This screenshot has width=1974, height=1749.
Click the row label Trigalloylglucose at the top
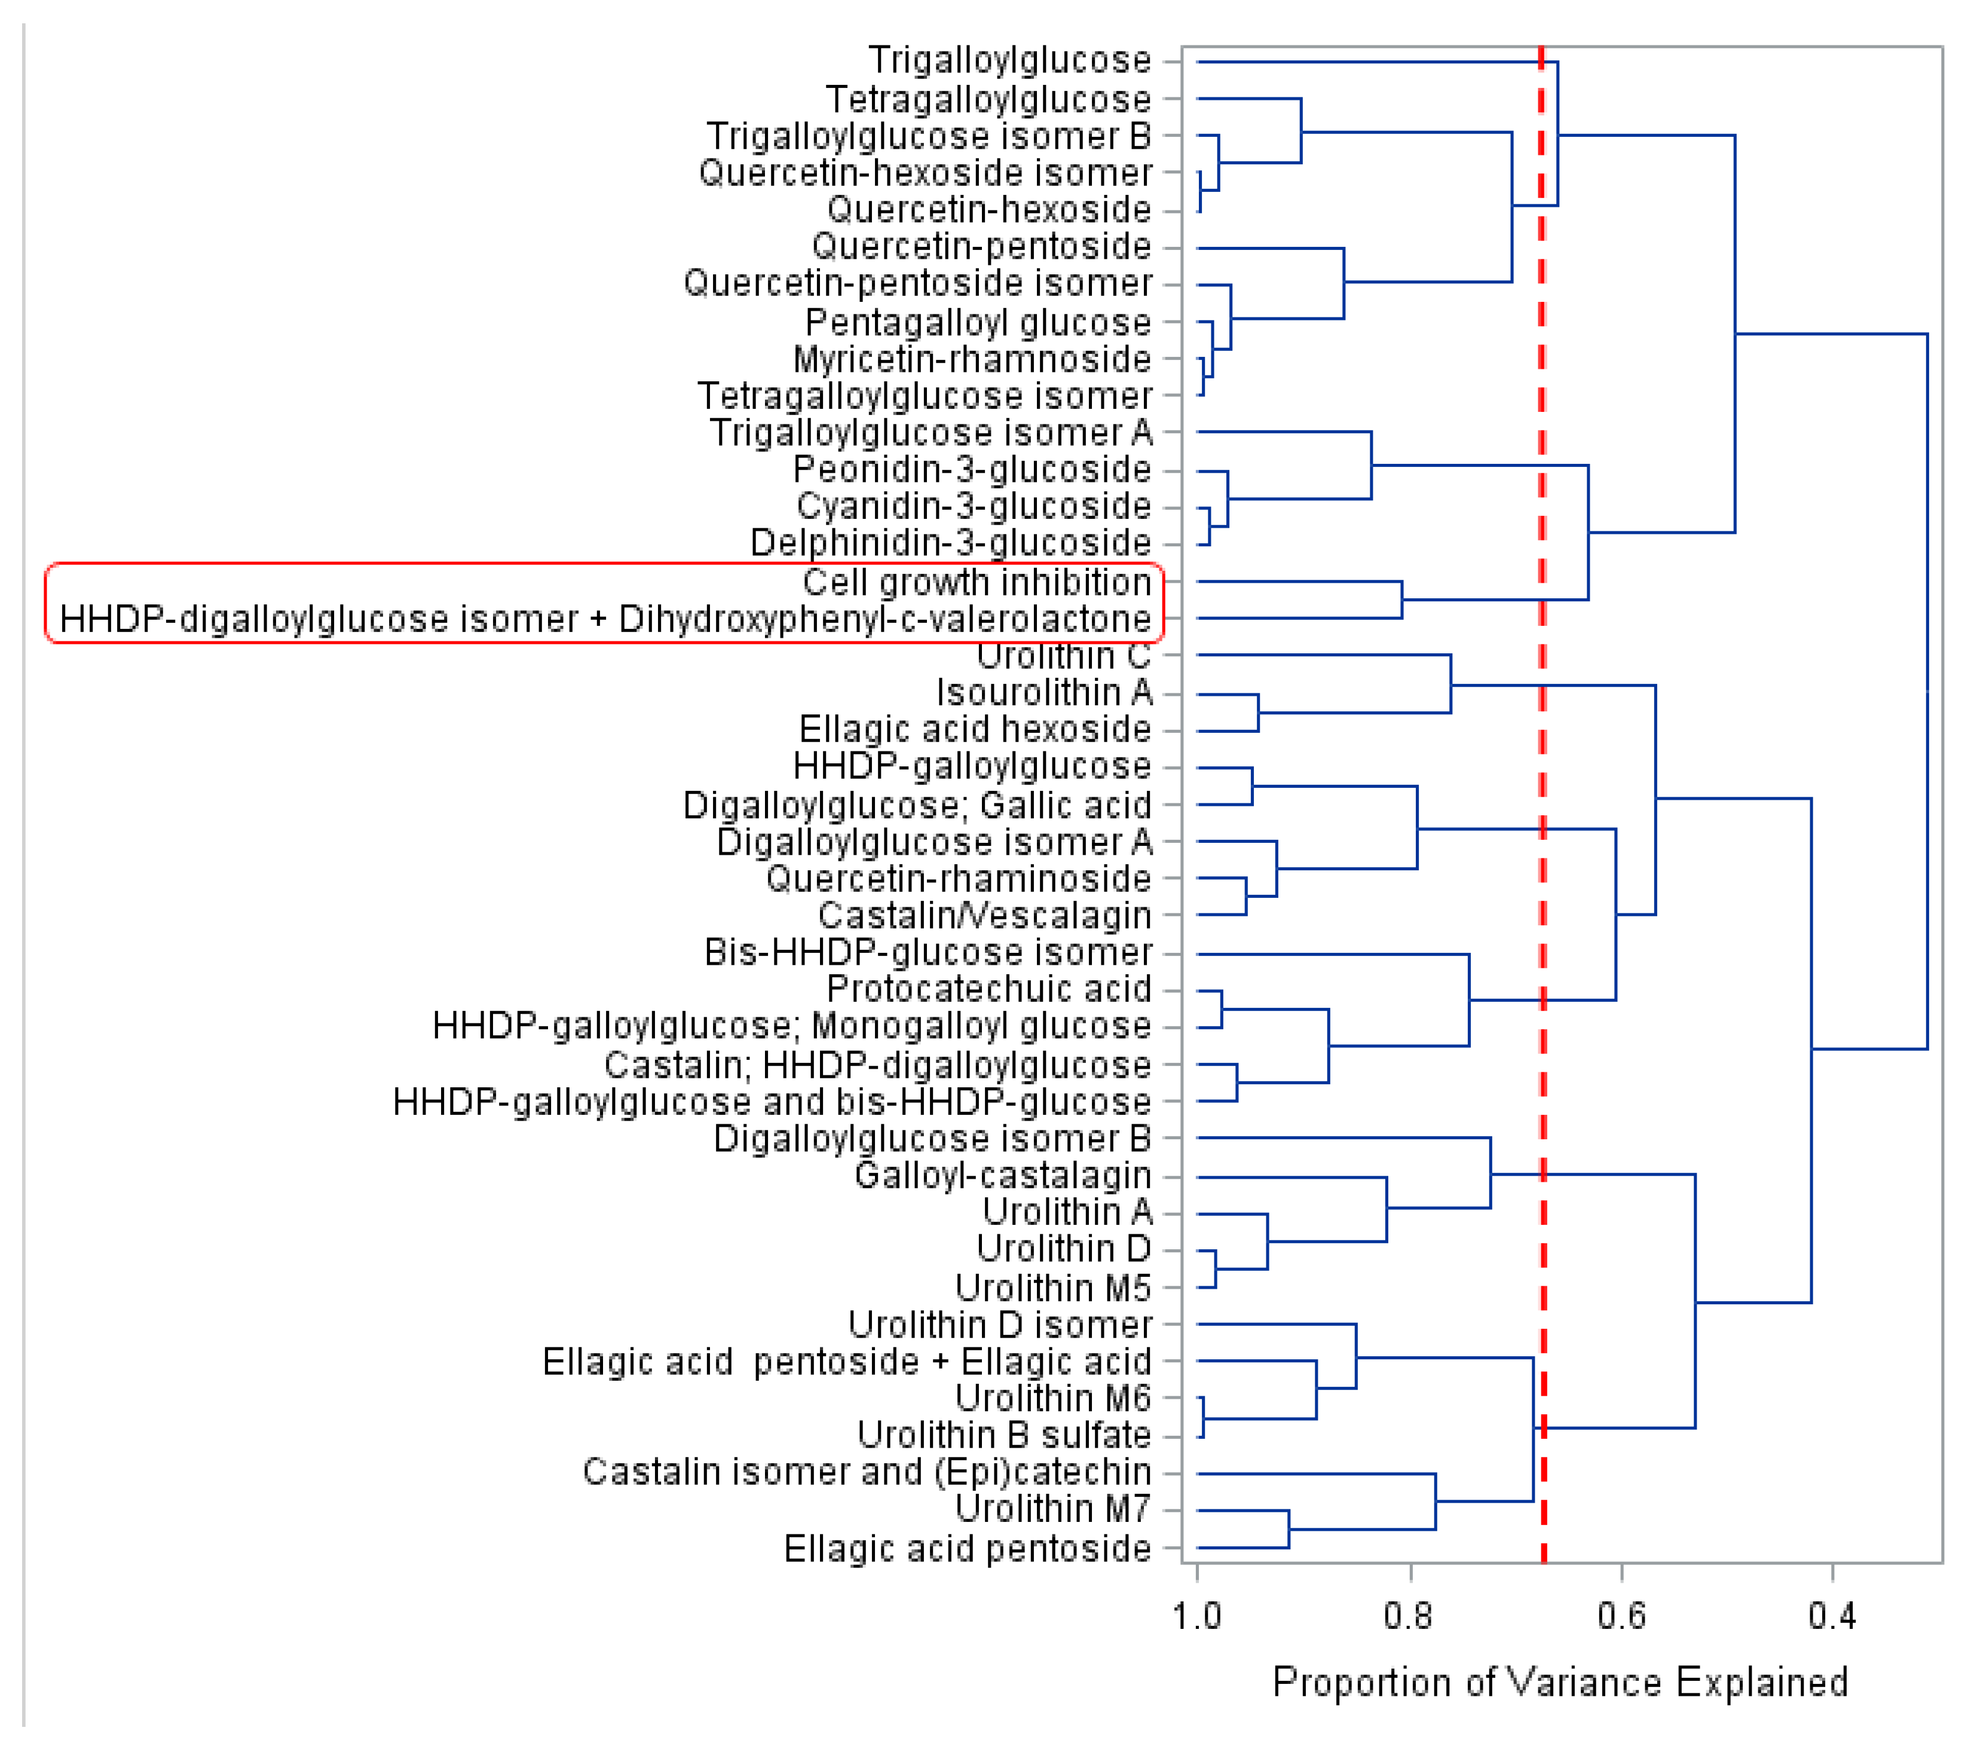coord(1009,61)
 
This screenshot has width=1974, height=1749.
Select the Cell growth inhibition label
coord(977,582)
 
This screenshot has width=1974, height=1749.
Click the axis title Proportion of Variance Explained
coord(1560,1681)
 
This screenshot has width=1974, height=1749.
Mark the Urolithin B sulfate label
coord(1005,1435)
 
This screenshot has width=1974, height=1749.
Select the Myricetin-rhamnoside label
coord(972,359)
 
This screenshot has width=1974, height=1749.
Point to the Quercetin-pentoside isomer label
coord(917,284)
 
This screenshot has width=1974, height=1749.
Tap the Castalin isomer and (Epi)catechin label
coord(867,1472)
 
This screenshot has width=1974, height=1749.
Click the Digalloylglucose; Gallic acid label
coord(917,805)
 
